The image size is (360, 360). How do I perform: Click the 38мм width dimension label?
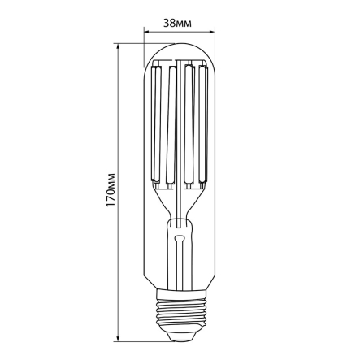pos(177,23)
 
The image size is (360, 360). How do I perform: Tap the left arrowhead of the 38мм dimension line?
pos(147,33)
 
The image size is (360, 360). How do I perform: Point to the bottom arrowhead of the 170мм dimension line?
pos(119,339)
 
